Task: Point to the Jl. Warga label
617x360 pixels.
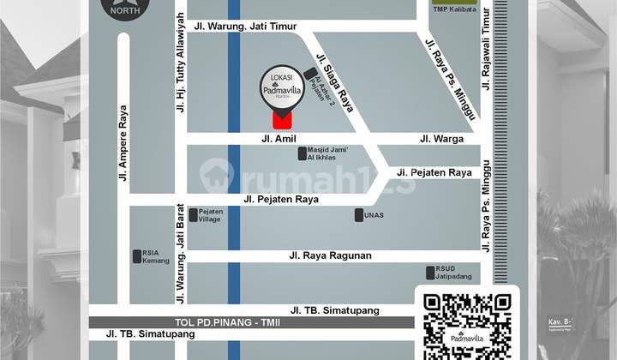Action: pyautogui.click(x=441, y=138)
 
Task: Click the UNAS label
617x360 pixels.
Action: pyautogui.click(x=375, y=215)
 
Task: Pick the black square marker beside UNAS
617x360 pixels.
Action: pyautogui.click(x=359, y=215)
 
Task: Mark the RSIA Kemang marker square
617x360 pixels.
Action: pyautogui.click(x=137, y=255)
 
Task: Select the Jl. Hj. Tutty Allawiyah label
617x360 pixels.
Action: pyautogui.click(x=180, y=63)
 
